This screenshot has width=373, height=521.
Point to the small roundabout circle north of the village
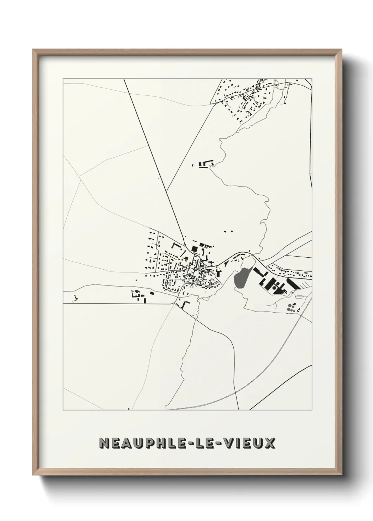pos(185,245)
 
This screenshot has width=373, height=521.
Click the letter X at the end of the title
pos(270,443)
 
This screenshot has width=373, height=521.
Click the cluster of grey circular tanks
pos(291,307)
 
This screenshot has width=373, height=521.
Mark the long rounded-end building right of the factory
pos(293,283)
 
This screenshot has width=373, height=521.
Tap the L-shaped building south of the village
pos(184,303)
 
